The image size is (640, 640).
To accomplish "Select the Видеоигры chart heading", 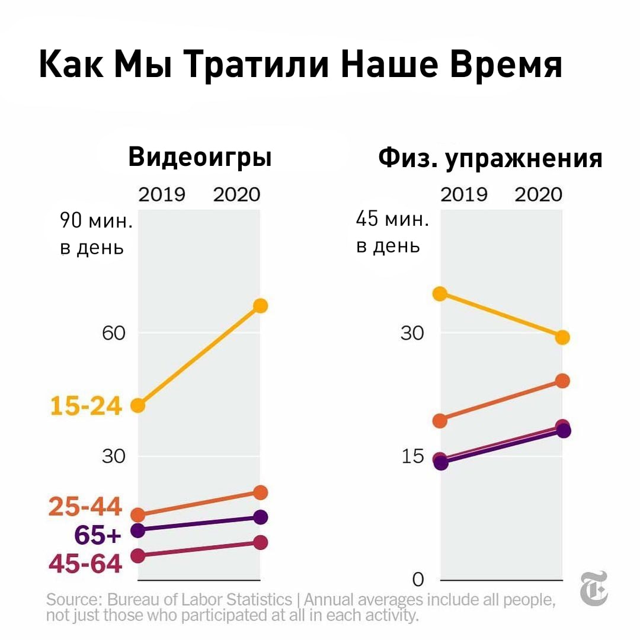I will (x=200, y=158).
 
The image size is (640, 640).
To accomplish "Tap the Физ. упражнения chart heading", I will (x=490, y=158).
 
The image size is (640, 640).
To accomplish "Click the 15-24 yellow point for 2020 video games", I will (x=260, y=306).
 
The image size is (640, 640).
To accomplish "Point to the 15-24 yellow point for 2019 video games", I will (x=137, y=405).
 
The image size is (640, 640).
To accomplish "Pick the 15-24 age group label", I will (x=86, y=407).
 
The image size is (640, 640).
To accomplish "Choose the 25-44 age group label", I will (x=85, y=507).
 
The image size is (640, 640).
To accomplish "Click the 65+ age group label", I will (x=98, y=535).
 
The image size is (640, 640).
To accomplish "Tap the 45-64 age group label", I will (x=85, y=564).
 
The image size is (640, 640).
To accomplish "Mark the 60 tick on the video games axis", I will (x=113, y=333).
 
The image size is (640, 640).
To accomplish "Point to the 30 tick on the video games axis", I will (x=113, y=457).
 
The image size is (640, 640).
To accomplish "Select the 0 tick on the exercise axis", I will (x=418, y=578).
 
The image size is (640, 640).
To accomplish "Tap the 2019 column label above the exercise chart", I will (x=463, y=194).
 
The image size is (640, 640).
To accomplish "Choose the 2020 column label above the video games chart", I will (x=236, y=194).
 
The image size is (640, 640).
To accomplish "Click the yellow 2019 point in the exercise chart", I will (x=440, y=293).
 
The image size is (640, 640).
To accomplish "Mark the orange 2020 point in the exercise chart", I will (x=562, y=380).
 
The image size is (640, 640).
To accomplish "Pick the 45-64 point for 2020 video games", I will (x=260, y=542).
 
